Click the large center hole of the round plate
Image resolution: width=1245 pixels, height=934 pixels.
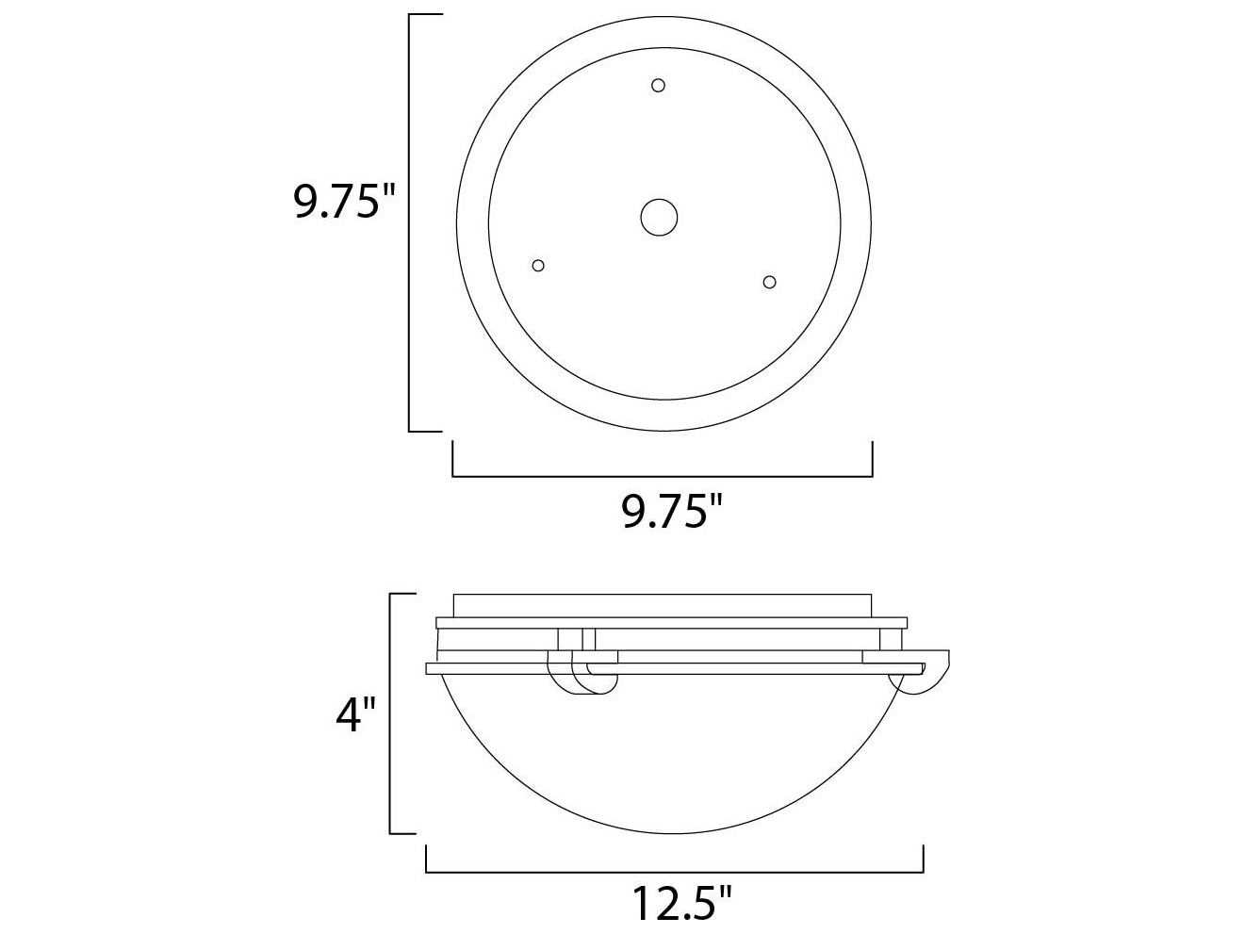[x=659, y=217]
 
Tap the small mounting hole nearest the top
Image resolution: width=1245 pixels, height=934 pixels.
[x=658, y=86]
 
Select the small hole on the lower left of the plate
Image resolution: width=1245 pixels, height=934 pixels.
[x=538, y=266]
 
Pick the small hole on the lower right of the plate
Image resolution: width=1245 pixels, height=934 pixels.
[x=769, y=282]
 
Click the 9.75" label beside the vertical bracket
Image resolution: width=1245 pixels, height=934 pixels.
[x=344, y=202]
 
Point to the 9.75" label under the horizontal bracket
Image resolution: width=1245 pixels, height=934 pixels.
[x=672, y=511]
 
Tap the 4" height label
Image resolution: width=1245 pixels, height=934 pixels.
[x=355, y=715]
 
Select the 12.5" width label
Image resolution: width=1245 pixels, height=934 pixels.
[x=681, y=904]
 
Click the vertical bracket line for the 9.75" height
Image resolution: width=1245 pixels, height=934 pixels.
[x=410, y=222]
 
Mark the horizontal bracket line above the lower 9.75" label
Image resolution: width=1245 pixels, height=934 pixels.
[x=662, y=476]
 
